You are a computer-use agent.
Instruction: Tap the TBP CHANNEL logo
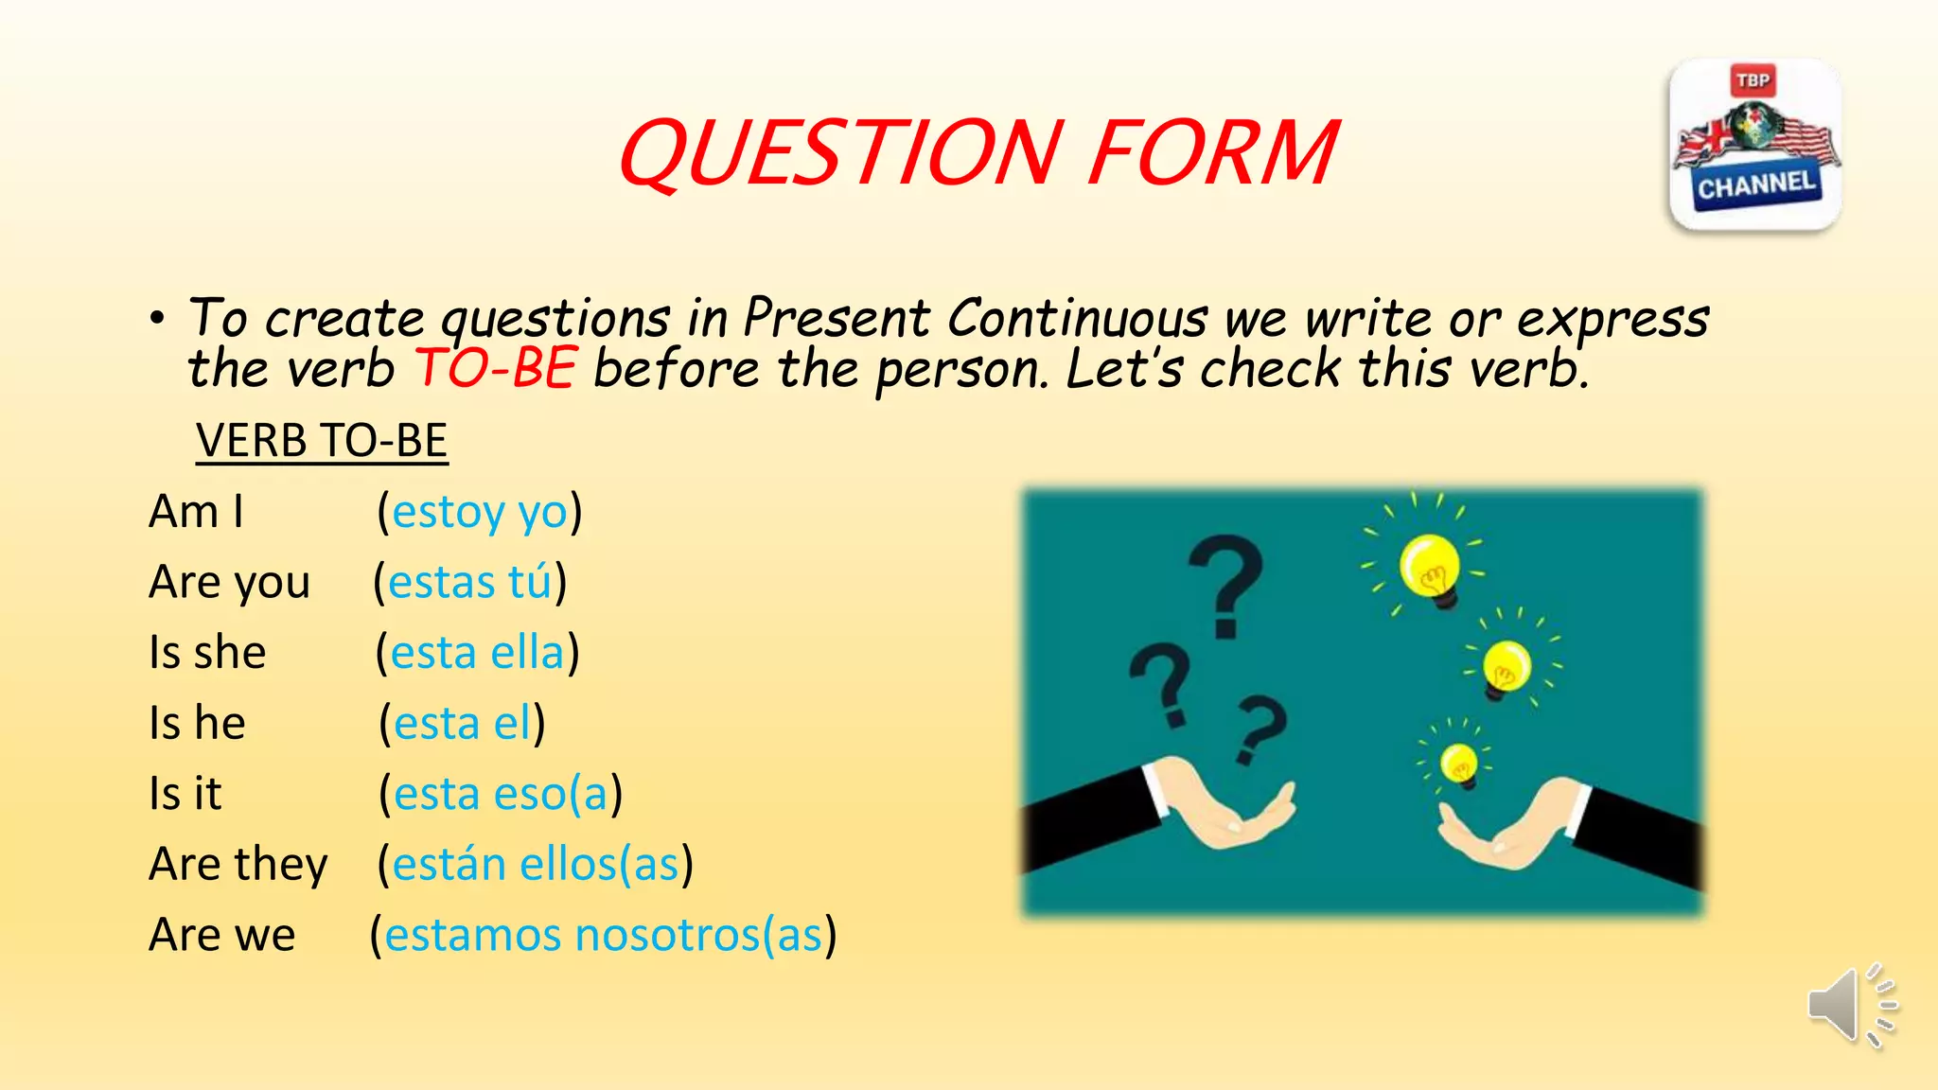pyautogui.click(x=1755, y=145)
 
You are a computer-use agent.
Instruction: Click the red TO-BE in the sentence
pyautogui.click(x=496, y=368)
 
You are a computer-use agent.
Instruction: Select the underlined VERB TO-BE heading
pyautogui.click(x=322, y=441)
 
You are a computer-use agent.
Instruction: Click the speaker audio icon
pyautogui.click(x=1851, y=1006)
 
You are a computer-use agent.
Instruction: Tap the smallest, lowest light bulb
pyautogui.click(x=1458, y=765)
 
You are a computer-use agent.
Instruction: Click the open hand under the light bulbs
pyautogui.click(x=1505, y=823)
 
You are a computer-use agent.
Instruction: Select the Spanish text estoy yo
pyautogui.click(x=480, y=512)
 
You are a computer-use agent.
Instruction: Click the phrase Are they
pyautogui.click(x=238, y=864)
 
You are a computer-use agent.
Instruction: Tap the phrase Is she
pyautogui.click(x=207, y=653)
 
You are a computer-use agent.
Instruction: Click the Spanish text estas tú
pyautogui.click(x=469, y=582)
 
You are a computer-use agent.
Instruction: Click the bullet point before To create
pyautogui.click(x=157, y=319)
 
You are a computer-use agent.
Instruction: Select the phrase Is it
pyautogui.click(x=185, y=794)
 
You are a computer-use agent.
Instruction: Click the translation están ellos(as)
pyautogui.click(x=536, y=864)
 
